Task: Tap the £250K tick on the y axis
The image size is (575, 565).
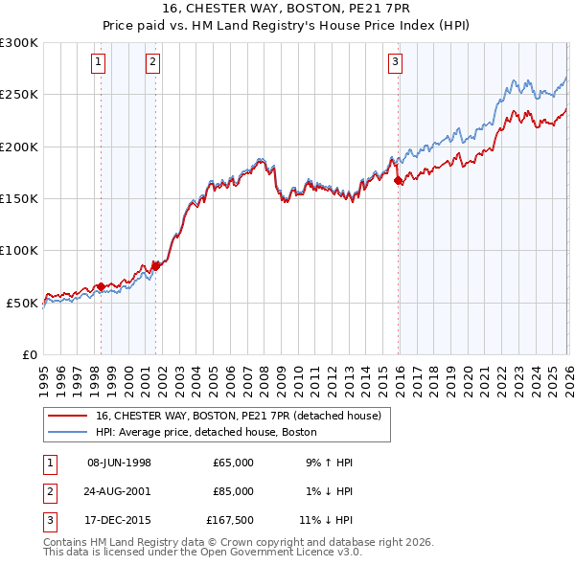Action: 19,95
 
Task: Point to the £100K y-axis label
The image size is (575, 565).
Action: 19,250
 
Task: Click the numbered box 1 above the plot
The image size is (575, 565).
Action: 100,63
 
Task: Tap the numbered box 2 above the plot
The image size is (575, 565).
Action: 152,63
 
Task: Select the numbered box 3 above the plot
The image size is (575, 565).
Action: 395,63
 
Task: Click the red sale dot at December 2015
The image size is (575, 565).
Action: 398,180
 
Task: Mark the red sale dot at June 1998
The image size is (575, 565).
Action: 101,286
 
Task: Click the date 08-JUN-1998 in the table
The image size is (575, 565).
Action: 119,463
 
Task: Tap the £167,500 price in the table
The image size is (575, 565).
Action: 230,520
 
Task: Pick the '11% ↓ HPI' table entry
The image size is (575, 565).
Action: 326,520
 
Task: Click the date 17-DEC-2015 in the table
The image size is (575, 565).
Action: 119,520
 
